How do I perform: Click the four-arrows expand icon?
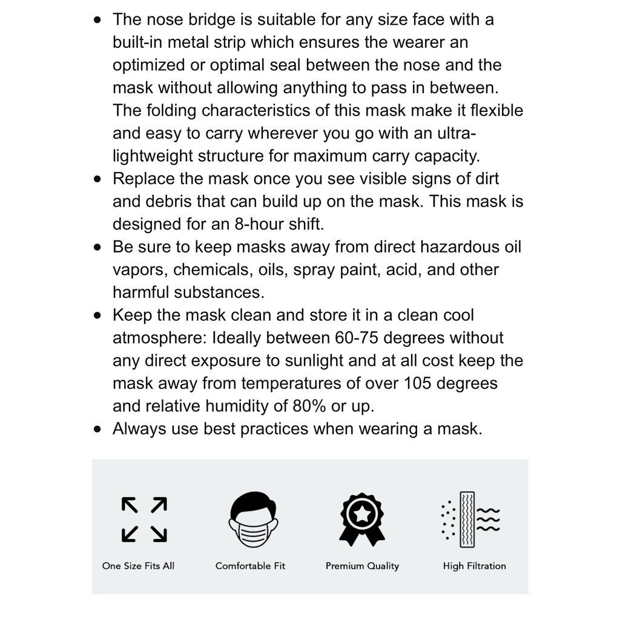pos(144,519)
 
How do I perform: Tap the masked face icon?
pos(253,519)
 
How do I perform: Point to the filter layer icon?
pos(471,519)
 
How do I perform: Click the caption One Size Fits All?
pos(138,566)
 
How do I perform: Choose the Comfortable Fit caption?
pos(250,566)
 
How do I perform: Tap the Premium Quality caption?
pos(362,566)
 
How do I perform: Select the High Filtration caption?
pos(474,566)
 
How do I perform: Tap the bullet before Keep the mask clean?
pos(98,316)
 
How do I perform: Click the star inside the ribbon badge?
pos(362,512)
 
